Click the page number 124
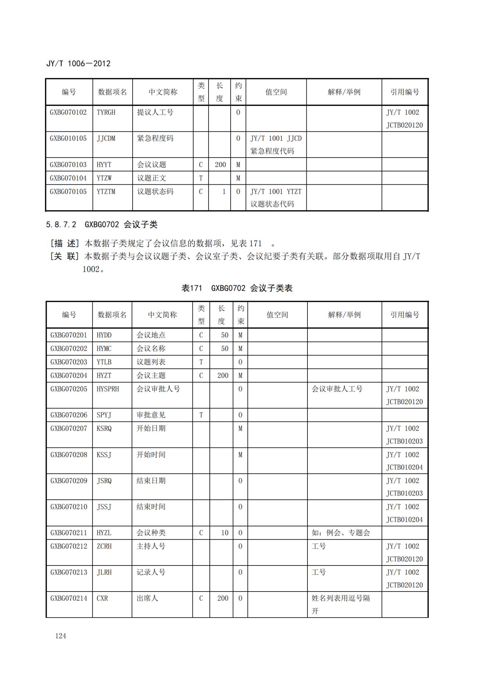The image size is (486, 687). coord(61,636)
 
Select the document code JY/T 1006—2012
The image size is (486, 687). coord(78,64)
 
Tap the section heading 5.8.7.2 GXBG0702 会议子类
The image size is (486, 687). coord(102,224)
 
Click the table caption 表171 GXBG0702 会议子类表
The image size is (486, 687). coord(237,288)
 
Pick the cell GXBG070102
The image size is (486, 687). coord(68,112)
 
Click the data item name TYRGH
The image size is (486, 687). coord(106,112)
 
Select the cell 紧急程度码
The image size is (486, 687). coord(155,138)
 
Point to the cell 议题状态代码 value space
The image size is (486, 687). coord(272,204)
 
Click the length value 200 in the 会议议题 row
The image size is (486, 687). coord(220,164)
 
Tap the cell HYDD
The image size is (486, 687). coord(104,335)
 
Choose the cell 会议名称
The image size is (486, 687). coord(151,348)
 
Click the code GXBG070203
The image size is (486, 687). coord(69,362)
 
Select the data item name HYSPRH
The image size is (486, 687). coord(108,389)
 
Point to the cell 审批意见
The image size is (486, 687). coord(151,415)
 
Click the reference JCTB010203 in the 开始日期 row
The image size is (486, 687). coord(404,441)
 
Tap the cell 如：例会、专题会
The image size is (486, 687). coord(341,533)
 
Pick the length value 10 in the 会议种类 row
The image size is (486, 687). coord(224,533)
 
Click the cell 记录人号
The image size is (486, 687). coord(151,572)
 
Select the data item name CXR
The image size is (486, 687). coord(102,598)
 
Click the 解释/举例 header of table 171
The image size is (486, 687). coord(344,315)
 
